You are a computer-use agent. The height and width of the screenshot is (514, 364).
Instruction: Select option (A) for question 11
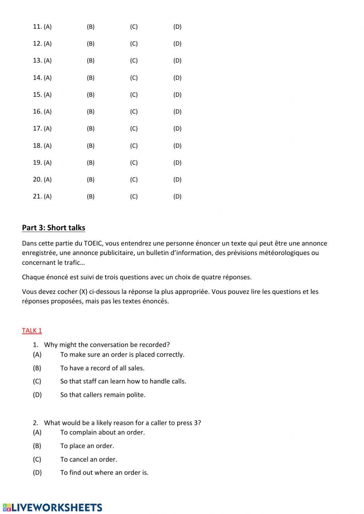(x=48, y=27)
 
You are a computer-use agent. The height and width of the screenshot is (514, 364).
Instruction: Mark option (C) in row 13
(x=134, y=61)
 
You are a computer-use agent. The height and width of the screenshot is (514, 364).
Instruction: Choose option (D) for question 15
(x=177, y=95)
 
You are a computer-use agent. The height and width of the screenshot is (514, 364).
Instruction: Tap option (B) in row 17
(x=91, y=128)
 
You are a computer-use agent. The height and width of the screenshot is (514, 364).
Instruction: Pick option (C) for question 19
(x=134, y=163)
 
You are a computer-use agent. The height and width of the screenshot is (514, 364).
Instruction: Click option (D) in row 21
(x=177, y=196)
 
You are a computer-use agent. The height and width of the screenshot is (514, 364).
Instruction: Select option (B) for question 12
(x=91, y=44)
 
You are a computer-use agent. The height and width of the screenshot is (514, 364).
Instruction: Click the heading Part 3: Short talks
(x=54, y=228)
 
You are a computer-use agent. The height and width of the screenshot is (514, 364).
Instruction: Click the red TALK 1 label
(x=32, y=330)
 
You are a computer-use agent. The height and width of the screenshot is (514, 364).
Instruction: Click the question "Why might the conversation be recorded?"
(x=107, y=344)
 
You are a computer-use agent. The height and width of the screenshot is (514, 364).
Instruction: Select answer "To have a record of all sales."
(x=102, y=368)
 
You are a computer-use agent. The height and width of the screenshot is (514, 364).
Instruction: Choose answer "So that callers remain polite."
(x=103, y=395)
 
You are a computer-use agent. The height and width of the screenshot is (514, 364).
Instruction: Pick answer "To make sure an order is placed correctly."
(x=122, y=355)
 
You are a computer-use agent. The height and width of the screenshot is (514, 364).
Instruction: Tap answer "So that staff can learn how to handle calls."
(x=123, y=381)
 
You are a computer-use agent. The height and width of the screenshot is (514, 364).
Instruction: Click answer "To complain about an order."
(x=102, y=433)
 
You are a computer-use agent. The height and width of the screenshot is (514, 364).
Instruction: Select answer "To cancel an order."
(x=88, y=459)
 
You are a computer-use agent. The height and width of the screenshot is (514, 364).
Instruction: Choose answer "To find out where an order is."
(x=104, y=473)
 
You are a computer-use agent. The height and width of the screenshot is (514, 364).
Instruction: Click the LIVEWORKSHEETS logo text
(x=57, y=507)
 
